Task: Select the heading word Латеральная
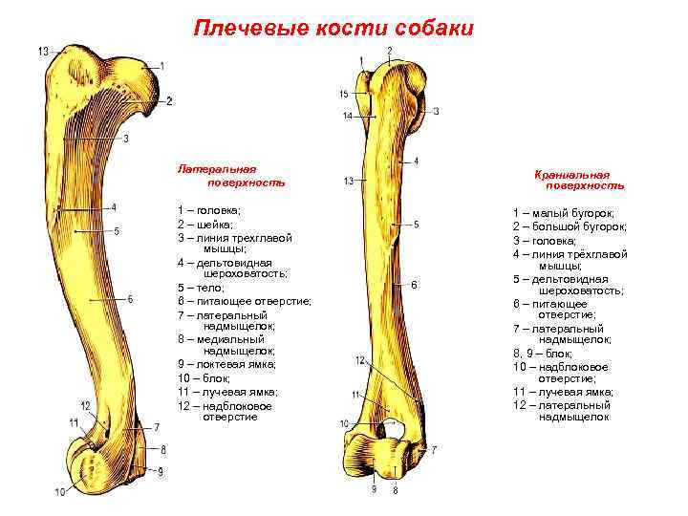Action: (x=217, y=168)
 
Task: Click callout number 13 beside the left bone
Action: (x=44, y=51)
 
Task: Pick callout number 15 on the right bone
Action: (x=344, y=94)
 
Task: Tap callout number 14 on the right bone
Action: (x=347, y=116)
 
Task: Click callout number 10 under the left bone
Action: (x=60, y=492)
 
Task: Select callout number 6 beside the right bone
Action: (x=414, y=285)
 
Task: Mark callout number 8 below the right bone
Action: (x=395, y=491)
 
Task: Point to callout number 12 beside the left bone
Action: (x=86, y=406)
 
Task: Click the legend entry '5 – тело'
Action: (x=199, y=288)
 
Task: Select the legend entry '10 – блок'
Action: (x=204, y=378)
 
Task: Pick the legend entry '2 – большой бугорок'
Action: (x=570, y=227)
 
